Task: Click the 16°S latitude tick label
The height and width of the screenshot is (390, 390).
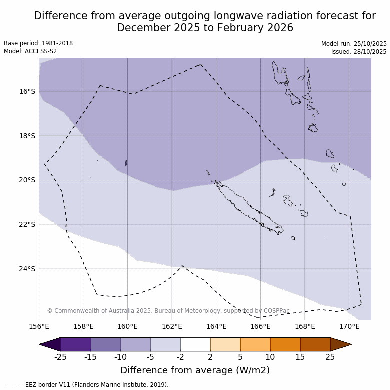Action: click(x=27, y=91)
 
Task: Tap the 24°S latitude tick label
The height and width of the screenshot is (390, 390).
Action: click(x=27, y=269)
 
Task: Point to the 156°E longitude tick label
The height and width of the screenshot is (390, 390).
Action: click(x=39, y=327)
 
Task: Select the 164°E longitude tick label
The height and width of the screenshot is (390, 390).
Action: click(x=216, y=327)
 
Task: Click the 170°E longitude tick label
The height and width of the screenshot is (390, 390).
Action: click(x=349, y=327)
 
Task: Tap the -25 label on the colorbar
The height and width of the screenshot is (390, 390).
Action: click(x=60, y=357)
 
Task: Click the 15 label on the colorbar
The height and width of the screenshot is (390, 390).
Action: click(x=300, y=357)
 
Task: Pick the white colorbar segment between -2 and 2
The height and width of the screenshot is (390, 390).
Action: click(x=195, y=344)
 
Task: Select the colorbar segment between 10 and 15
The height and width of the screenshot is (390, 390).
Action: click(x=285, y=344)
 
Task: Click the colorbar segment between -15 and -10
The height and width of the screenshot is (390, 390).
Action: click(x=105, y=344)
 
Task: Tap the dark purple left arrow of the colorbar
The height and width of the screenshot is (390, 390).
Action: click(x=50, y=344)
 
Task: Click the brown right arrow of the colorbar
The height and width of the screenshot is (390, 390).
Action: click(x=340, y=344)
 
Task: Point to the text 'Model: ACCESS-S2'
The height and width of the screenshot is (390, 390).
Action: click(x=30, y=51)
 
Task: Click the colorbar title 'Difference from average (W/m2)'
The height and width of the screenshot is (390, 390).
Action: click(x=195, y=370)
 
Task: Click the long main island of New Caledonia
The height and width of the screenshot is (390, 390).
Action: click(x=247, y=208)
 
